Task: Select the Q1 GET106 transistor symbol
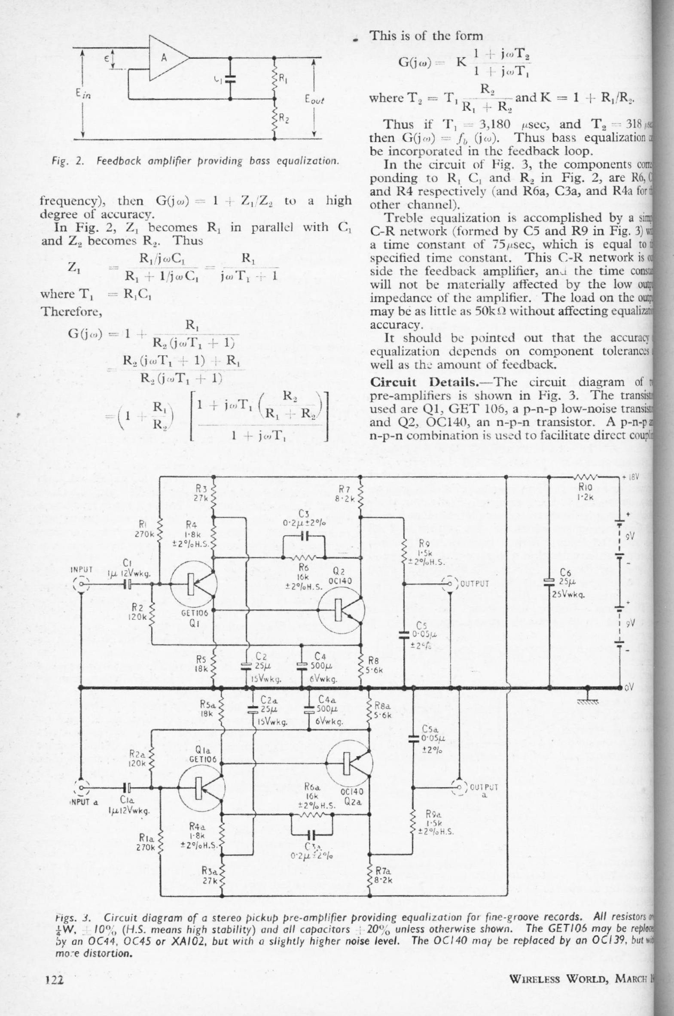tap(193, 585)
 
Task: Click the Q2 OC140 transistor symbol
tap(341, 610)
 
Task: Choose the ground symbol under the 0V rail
tap(588, 702)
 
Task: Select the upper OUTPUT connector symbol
tap(450, 584)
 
